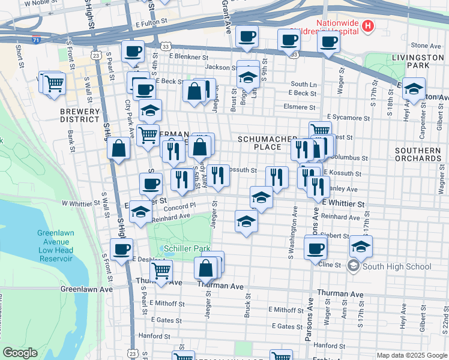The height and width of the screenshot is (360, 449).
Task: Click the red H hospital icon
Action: coord(368,26)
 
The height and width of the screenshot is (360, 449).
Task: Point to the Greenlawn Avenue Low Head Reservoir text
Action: coord(55,245)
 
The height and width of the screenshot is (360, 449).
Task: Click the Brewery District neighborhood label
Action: coord(79,115)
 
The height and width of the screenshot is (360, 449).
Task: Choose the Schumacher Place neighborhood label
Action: coord(267,143)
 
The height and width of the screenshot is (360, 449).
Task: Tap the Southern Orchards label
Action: coord(418,154)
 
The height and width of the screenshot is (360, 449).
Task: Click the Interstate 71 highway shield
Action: coord(37,40)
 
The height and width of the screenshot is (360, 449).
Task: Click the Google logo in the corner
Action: coord(20,353)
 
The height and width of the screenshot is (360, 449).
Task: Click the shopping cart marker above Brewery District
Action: coord(54,82)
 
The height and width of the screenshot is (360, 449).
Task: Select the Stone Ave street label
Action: coord(426,46)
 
